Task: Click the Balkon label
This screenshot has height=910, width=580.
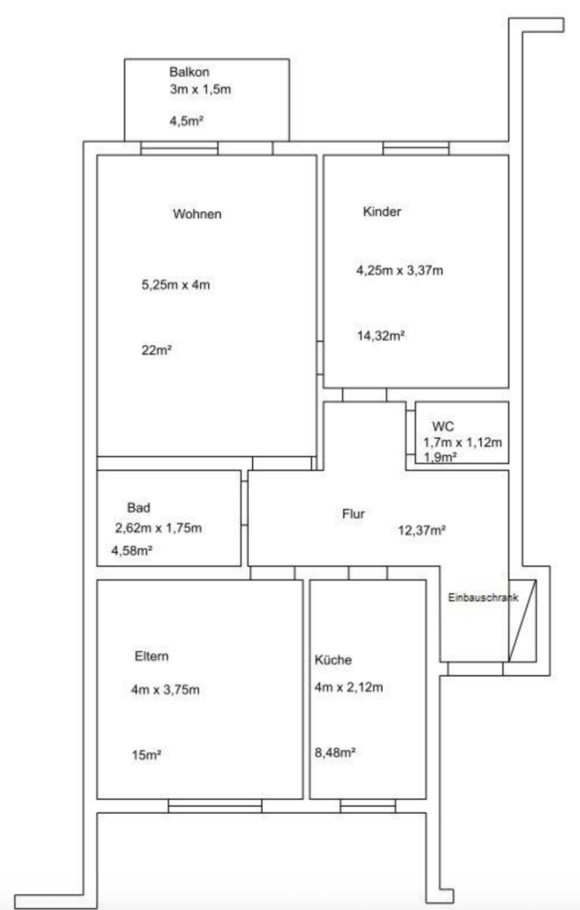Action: (x=190, y=72)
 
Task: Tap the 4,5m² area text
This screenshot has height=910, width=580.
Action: (x=186, y=121)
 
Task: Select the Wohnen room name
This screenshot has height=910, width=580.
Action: (x=197, y=213)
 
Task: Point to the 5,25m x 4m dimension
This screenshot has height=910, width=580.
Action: (x=176, y=285)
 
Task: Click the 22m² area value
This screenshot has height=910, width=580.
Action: (x=156, y=350)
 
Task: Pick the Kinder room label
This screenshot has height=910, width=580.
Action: (x=382, y=211)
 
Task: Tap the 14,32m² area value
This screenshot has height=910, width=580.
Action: (x=381, y=335)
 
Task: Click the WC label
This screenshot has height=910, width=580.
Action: (x=443, y=426)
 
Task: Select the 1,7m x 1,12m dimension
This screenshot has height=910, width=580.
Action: (x=463, y=442)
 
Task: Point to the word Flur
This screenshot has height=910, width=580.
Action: (x=353, y=514)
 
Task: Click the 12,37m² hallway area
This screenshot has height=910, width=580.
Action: (x=422, y=530)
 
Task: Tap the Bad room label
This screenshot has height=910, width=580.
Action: (x=139, y=507)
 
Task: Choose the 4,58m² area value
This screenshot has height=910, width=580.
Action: (x=132, y=550)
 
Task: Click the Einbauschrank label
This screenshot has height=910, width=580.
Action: (x=483, y=597)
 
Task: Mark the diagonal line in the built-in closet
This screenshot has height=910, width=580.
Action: (x=523, y=620)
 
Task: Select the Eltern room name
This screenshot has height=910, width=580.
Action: (x=152, y=656)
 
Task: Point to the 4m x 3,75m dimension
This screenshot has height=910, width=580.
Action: (x=165, y=690)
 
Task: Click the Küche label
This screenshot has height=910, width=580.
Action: (x=333, y=660)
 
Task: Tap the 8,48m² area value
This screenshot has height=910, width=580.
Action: (x=335, y=752)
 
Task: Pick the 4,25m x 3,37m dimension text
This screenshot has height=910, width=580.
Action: (x=400, y=270)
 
